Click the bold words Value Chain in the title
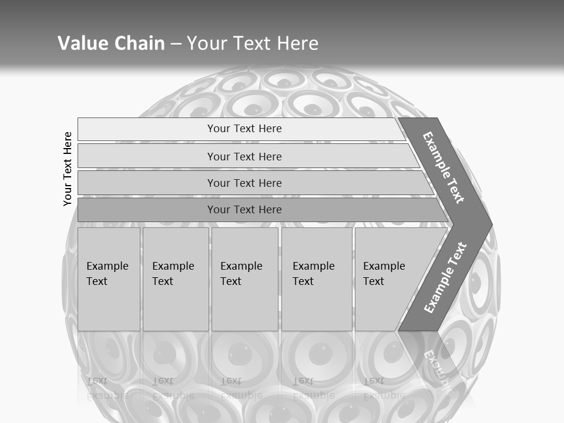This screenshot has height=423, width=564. point(111,43)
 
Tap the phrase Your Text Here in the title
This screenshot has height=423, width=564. point(253,43)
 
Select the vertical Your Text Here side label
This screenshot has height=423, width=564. point(68,169)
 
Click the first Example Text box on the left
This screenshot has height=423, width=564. point(109,279)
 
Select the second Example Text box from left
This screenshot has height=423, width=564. point(176,279)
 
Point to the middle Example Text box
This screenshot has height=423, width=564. point(244,279)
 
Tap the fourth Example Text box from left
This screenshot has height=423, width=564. point(317,279)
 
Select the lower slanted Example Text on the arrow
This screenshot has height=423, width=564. point(445,277)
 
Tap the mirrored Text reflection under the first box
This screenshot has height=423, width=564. point(97,381)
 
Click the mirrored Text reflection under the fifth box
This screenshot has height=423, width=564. point(374,381)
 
